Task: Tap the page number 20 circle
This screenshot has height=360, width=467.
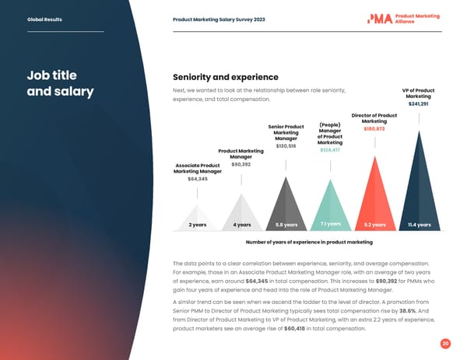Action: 445,343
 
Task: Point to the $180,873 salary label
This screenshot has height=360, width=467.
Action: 374,129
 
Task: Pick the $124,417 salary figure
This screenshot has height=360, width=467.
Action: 331,150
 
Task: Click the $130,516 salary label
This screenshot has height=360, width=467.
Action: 286,146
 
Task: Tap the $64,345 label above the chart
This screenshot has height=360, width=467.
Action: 198,179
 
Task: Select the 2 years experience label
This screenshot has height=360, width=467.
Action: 198,225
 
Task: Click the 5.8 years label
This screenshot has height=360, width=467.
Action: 286,225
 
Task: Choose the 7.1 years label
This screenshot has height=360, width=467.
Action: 331,224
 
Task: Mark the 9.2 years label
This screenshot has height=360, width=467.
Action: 375,225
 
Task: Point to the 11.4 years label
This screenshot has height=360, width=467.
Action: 420,225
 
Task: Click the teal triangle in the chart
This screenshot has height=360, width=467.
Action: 331,198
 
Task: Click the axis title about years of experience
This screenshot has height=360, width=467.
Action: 308,243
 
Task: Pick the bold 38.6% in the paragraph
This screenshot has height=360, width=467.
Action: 409,299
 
